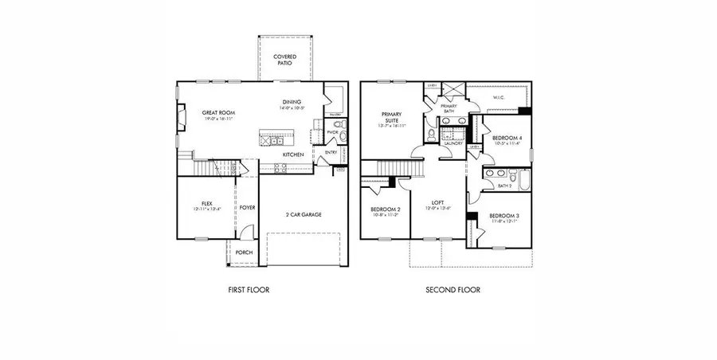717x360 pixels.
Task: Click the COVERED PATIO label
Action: coord(284,60)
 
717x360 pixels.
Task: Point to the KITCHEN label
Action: coord(292,155)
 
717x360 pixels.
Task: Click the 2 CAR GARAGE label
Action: coord(304,214)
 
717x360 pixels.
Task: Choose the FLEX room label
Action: coord(206,204)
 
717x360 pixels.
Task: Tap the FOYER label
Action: coord(248,207)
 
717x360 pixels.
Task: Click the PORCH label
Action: coord(244,252)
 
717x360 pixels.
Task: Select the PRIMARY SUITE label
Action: coord(392,116)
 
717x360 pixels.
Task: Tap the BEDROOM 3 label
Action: coord(503,216)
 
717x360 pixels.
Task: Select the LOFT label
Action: coord(437,202)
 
